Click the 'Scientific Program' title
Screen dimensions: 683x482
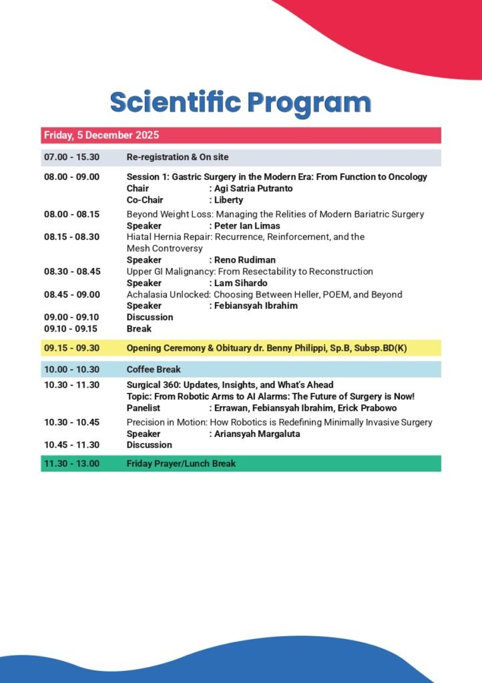pos(240,103)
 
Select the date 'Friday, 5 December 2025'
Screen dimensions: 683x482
pos(101,135)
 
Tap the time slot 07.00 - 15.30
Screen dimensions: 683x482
pos(71,157)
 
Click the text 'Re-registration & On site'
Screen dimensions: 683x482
pos(178,157)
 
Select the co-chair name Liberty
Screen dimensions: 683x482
pos(229,200)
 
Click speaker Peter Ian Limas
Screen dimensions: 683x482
pos(247,226)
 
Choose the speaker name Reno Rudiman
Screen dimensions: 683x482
pos(245,260)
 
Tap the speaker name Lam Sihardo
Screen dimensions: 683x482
pos(241,283)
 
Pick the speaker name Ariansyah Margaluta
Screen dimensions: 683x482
pos(256,434)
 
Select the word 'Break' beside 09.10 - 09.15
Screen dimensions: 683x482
pos(139,329)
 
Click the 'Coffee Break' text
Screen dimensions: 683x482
pos(154,370)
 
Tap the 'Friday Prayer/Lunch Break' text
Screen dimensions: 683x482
pos(181,464)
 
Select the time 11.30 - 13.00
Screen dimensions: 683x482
pos(71,464)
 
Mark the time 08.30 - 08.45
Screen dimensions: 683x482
pos(71,271)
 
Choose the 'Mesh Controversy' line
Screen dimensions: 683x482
pos(164,248)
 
